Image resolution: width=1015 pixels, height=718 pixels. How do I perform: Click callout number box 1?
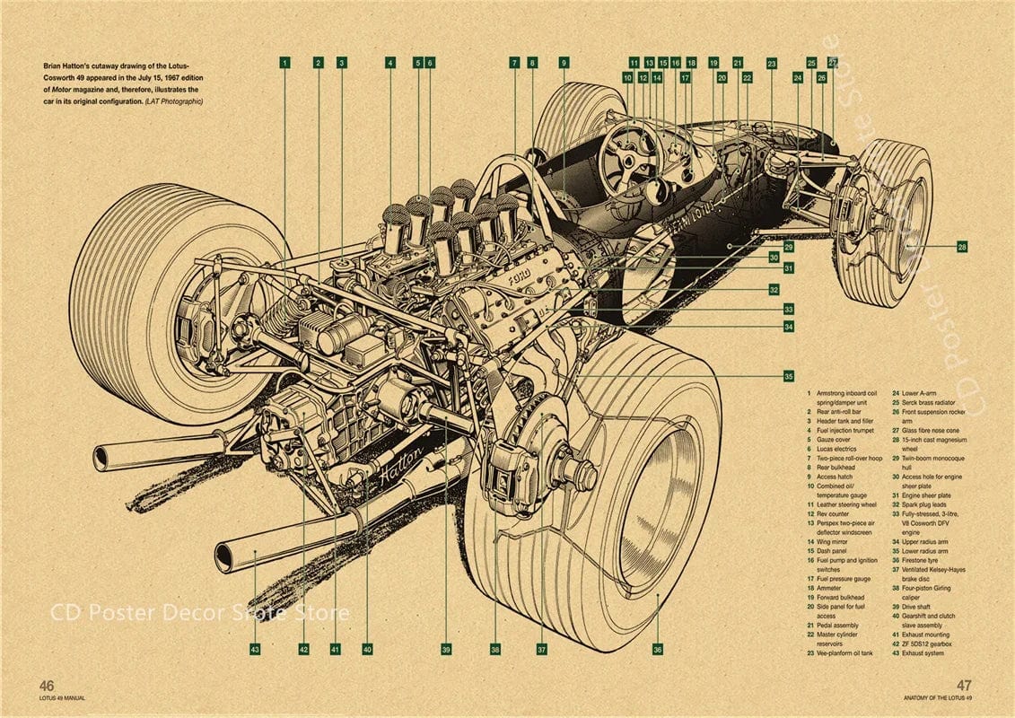[x=284, y=63]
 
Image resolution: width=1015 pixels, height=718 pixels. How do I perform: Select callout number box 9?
[x=564, y=63]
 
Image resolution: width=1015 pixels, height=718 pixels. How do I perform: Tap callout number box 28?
[x=962, y=246]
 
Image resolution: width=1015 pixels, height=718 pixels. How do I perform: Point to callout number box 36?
[x=658, y=649]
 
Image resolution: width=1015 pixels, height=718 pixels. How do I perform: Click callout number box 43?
[x=255, y=648]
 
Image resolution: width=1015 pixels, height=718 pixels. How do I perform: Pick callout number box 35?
[x=788, y=376]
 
